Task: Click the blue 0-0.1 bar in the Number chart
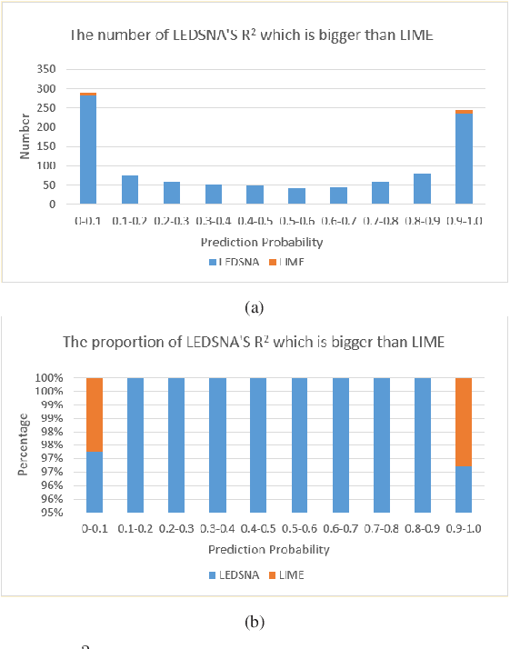click(x=87, y=150)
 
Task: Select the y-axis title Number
click(x=26, y=140)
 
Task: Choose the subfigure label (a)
click(x=255, y=307)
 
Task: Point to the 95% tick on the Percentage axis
click(x=56, y=512)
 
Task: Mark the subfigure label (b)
click(x=255, y=623)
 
